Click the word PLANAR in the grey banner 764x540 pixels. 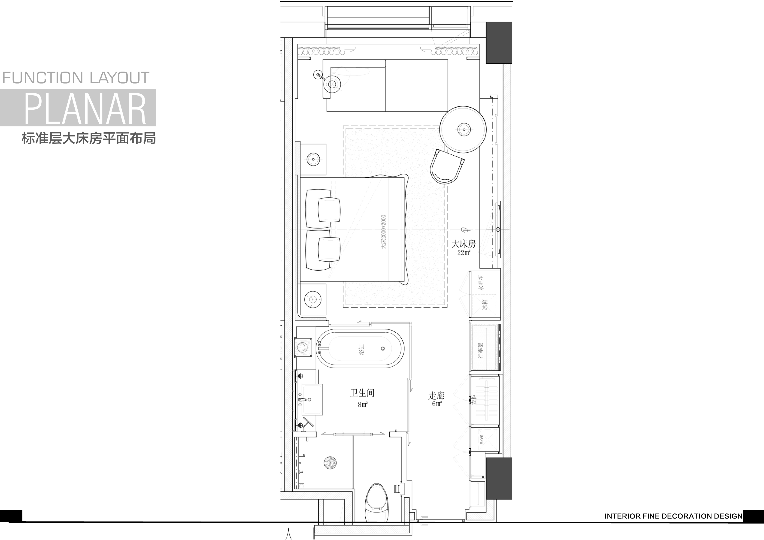[x=85, y=109]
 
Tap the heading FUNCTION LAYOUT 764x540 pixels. [x=76, y=78]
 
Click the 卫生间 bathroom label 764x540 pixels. [x=362, y=393]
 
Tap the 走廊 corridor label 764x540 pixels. [x=437, y=396]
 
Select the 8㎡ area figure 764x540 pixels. [x=363, y=404]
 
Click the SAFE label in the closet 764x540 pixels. [x=481, y=439]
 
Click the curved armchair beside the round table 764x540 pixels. [x=447, y=166]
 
